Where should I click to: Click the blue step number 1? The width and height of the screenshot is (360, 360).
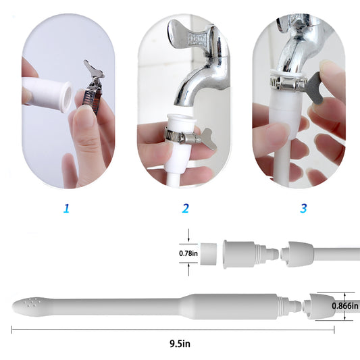66,208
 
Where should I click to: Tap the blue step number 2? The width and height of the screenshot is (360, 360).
185,208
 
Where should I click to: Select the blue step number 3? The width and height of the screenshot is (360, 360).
303,208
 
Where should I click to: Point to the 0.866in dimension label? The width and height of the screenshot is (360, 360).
345,305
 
